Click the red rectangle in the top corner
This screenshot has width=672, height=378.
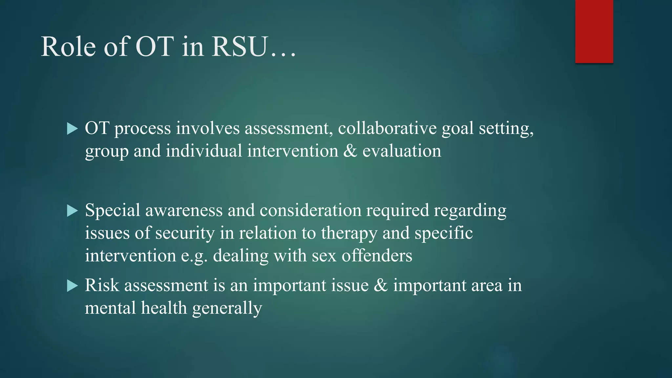(x=594, y=31)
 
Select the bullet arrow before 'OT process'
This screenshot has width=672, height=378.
(x=72, y=129)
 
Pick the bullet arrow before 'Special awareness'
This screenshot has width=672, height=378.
(x=72, y=211)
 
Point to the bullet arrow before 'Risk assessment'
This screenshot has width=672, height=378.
(x=72, y=286)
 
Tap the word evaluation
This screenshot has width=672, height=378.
(x=402, y=151)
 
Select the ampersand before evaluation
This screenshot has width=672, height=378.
(x=350, y=151)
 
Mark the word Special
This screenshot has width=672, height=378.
(x=113, y=211)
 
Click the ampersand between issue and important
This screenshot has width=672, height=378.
(x=381, y=285)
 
